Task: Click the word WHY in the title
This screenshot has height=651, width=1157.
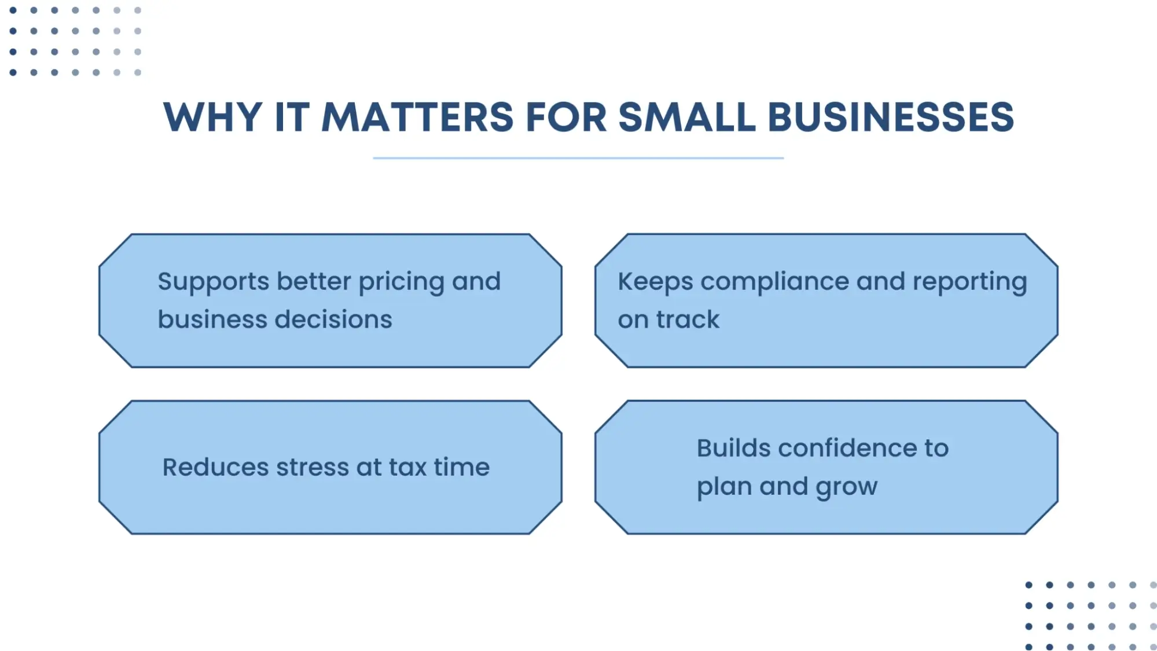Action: point(213,117)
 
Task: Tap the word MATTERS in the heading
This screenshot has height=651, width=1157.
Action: point(417,117)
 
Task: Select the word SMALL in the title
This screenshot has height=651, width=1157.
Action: point(687,117)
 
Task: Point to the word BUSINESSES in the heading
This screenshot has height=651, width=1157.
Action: point(891,117)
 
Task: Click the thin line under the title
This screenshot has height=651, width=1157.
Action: point(578,157)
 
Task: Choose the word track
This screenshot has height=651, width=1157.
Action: point(688,319)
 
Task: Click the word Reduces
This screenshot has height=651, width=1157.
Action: point(215,467)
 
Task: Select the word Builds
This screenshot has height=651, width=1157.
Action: point(733,448)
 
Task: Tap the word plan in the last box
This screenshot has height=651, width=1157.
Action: point(724,487)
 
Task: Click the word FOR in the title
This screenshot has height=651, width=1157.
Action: point(566,117)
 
